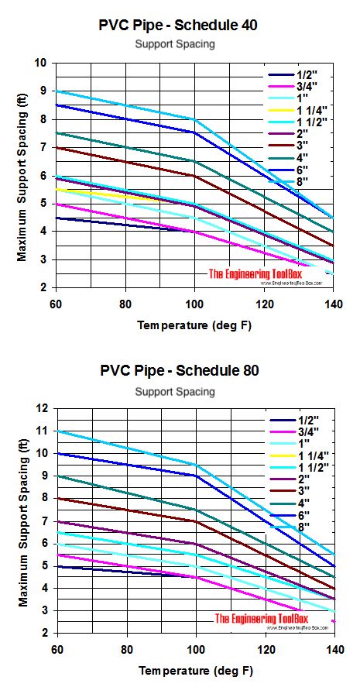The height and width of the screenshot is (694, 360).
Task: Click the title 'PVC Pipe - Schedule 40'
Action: (179, 25)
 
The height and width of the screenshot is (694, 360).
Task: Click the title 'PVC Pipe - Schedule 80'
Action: (179, 370)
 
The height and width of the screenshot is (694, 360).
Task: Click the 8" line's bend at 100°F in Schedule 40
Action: (194, 119)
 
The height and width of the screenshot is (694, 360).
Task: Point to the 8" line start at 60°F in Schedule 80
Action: (57, 431)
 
